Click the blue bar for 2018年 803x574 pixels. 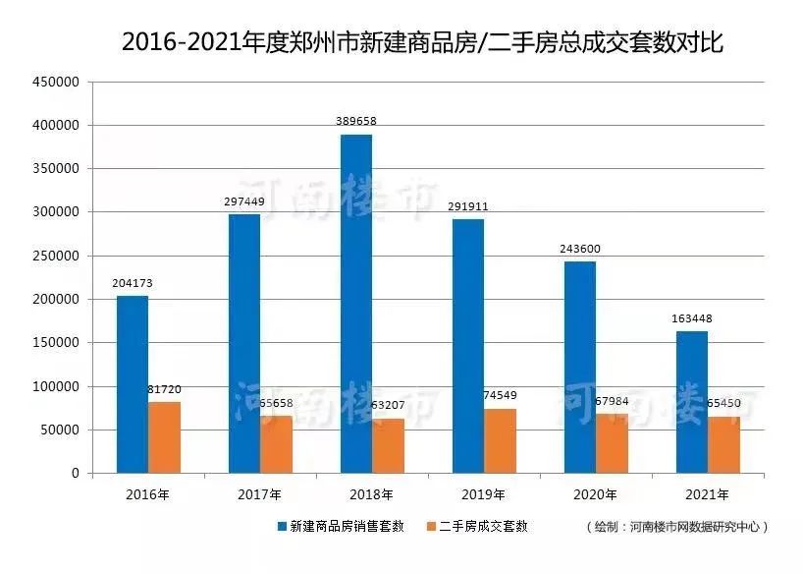click(356, 304)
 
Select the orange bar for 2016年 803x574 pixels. click(165, 437)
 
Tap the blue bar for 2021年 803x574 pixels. click(692, 402)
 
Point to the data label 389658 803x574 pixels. click(356, 121)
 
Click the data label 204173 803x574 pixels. click(133, 283)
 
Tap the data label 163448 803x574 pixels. click(692, 318)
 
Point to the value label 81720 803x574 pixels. click(164, 389)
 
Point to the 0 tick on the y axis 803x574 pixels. click(74, 473)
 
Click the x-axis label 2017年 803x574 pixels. click(260, 493)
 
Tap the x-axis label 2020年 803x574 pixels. click(596, 493)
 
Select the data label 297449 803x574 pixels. click(244, 201)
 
